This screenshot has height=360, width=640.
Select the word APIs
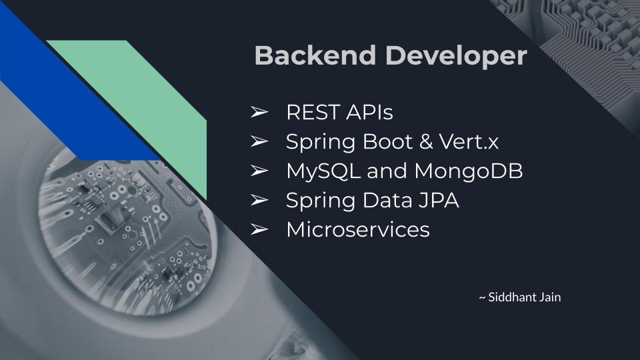[x=369, y=113]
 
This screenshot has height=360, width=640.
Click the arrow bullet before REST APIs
[x=259, y=113]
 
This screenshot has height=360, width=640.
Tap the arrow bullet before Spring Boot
[x=259, y=142]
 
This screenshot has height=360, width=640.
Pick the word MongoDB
[x=469, y=171]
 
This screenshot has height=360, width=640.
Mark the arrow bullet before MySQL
[x=259, y=171]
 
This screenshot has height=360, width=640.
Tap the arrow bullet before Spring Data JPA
[x=259, y=201]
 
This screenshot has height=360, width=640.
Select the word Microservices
[x=358, y=230]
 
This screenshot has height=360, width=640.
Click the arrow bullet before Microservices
[x=259, y=230]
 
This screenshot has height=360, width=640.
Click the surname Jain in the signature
[x=550, y=297]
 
